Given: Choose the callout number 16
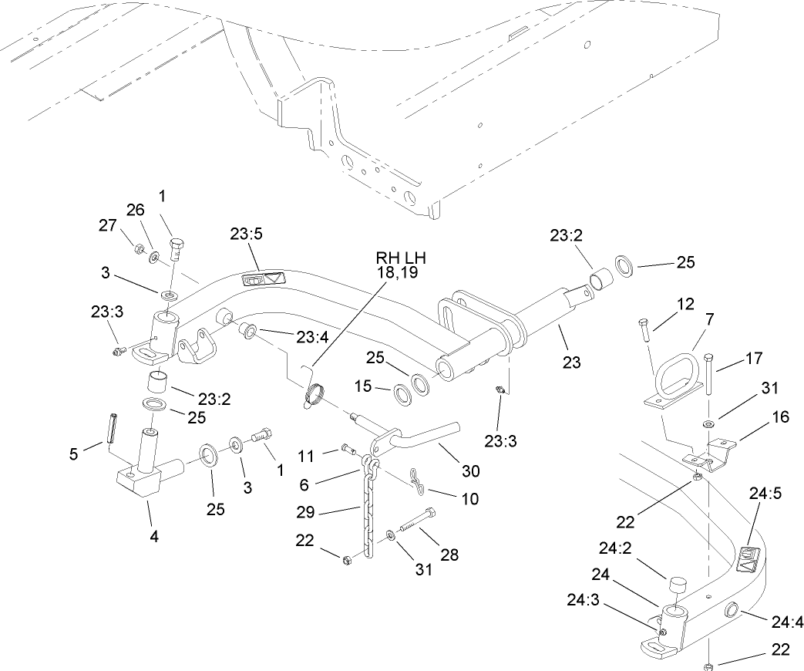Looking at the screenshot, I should (x=779, y=417).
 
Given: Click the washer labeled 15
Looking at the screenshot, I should (x=402, y=394).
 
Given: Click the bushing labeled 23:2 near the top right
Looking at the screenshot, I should (x=599, y=277).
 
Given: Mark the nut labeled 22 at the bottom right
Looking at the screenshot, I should (x=707, y=665).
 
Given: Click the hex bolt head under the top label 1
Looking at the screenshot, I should (x=174, y=248).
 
